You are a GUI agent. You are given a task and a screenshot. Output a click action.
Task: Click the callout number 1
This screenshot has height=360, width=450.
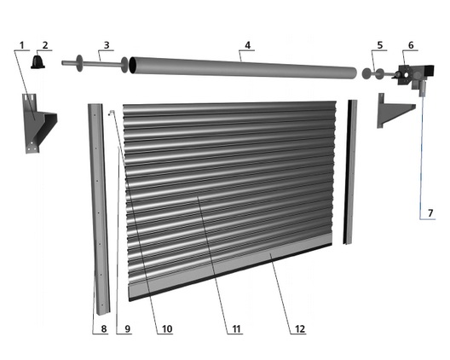pyautogui.click(x=22, y=45)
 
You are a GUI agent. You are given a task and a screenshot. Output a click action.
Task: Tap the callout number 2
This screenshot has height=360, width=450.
pyautogui.click(x=45, y=45)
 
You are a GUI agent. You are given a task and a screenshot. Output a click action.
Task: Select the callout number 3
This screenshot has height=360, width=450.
pyautogui.click(x=107, y=45)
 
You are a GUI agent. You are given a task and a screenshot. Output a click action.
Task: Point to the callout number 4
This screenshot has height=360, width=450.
pyautogui.click(x=247, y=45)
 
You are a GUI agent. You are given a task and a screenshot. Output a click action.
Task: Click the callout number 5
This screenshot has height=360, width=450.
pyautogui.click(x=380, y=45)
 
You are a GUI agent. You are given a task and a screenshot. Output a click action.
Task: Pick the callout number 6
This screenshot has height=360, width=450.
pyautogui.click(x=411, y=45)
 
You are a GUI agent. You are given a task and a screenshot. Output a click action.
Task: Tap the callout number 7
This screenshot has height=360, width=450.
pyautogui.click(x=430, y=213)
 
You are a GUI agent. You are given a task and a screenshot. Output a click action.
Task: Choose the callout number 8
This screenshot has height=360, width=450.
pyautogui.click(x=104, y=328)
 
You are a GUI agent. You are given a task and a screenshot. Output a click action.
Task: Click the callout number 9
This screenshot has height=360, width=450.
pyautogui.click(x=128, y=328)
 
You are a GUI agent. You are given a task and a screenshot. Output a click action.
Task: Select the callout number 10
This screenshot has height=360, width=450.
pyautogui.click(x=167, y=328)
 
